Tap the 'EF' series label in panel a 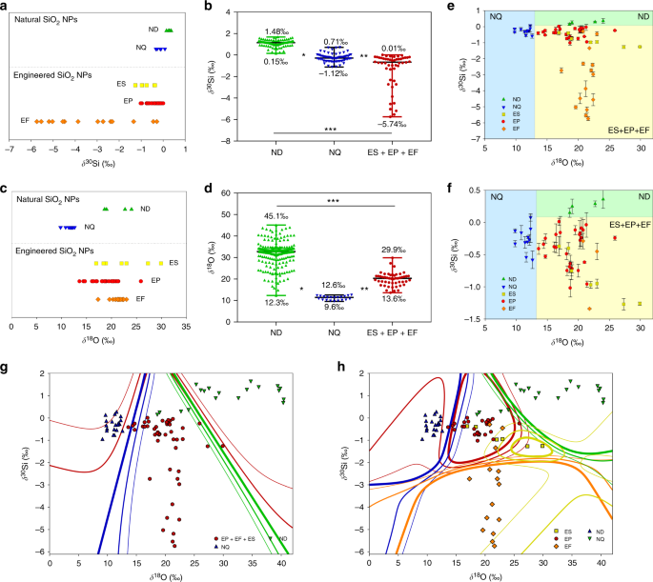point(25,120)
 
